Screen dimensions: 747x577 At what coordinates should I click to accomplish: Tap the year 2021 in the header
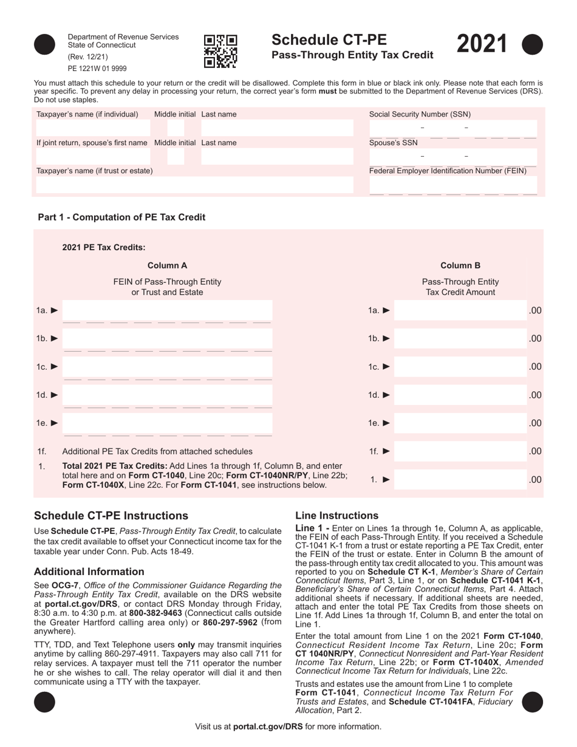pyautogui.click(x=481, y=46)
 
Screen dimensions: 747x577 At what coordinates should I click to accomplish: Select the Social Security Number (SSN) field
pyautogui.click(x=453, y=128)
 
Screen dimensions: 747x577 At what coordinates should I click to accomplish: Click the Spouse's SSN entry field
pyautogui.click(x=453, y=157)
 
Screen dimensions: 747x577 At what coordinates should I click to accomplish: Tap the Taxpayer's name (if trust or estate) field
pyautogui.click(x=194, y=185)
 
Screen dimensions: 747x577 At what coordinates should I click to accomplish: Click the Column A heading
pyautogui.click(x=167, y=265)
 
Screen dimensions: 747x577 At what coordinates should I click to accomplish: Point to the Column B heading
pyautogui.click(x=460, y=265)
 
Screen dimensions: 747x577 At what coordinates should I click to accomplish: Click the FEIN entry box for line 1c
pyautogui.click(x=168, y=367)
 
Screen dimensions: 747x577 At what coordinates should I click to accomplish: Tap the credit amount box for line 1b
pyautogui.click(x=460, y=339)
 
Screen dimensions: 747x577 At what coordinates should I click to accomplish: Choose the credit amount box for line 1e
pyautogui.click(x=460, y=423)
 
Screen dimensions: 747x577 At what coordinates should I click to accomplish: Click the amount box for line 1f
pyautogui.click(x=460, y=451)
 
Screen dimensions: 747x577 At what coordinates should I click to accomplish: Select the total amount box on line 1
pyautogui.click(x=460, y=480)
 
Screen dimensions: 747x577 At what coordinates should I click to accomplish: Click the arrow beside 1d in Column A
pyautogui.click(x=54, y=395)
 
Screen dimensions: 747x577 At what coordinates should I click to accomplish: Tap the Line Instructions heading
pyautogui.click(x=336, y=516)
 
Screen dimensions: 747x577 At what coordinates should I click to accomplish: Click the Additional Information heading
pyautogui.click(x=89, y=571)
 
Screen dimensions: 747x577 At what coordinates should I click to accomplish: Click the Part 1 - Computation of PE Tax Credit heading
pyautogui.click(x=121, y=217)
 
